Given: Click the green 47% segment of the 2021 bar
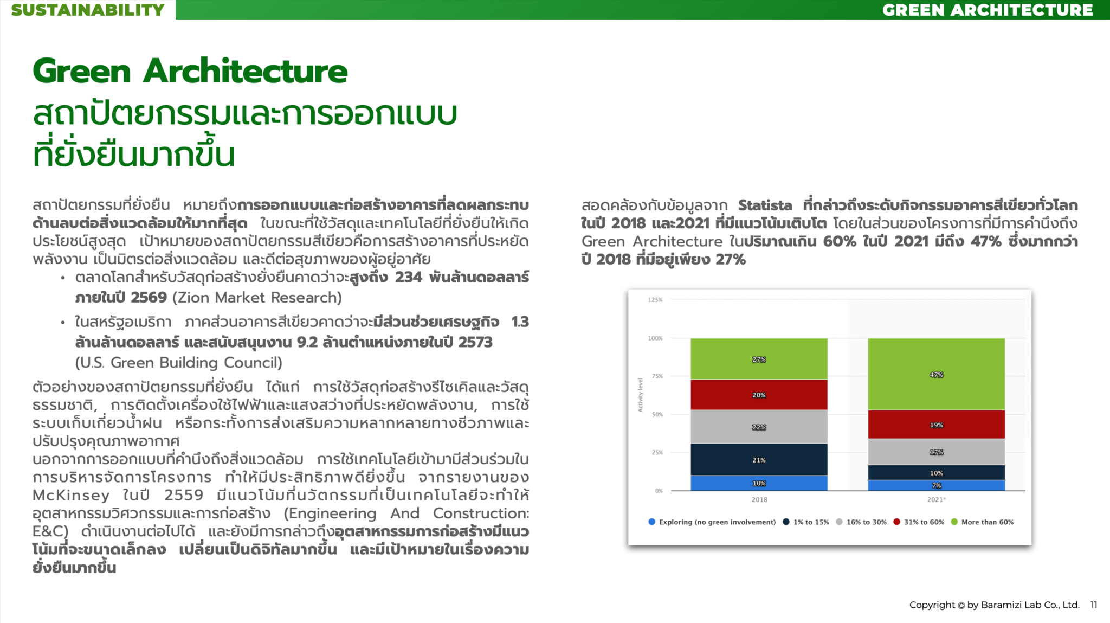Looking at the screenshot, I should tap(936, 374).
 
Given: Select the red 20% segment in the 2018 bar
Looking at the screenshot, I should tap(759, 395).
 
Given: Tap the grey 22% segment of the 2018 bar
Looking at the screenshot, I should tap(759, 427).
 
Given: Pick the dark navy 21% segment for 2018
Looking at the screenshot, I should tap(759, 460).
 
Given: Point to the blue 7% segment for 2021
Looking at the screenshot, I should tap(936, 485).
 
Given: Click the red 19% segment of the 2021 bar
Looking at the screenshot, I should tap(936, 425).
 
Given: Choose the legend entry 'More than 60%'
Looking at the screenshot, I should tap(987, 522).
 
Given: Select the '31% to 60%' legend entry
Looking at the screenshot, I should tap(924, 522).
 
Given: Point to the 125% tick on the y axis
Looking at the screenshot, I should tap(655, 300).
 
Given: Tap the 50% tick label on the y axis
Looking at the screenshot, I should tap(657, 415).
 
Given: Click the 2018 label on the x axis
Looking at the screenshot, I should tap(759, 499).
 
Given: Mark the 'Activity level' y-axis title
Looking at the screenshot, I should tap(640, 395).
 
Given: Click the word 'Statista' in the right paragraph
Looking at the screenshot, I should tap(765, 205).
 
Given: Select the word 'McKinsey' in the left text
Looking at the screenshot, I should tap(71, 495).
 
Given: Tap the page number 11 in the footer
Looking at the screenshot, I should tap(1094, 605).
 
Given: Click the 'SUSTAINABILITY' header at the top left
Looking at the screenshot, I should tap(88, 10).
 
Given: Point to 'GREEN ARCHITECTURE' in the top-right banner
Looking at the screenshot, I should tap(987, 10).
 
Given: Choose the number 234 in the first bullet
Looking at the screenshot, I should tap(408, 277).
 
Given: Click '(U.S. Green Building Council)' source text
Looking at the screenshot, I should tap(179, 362).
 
